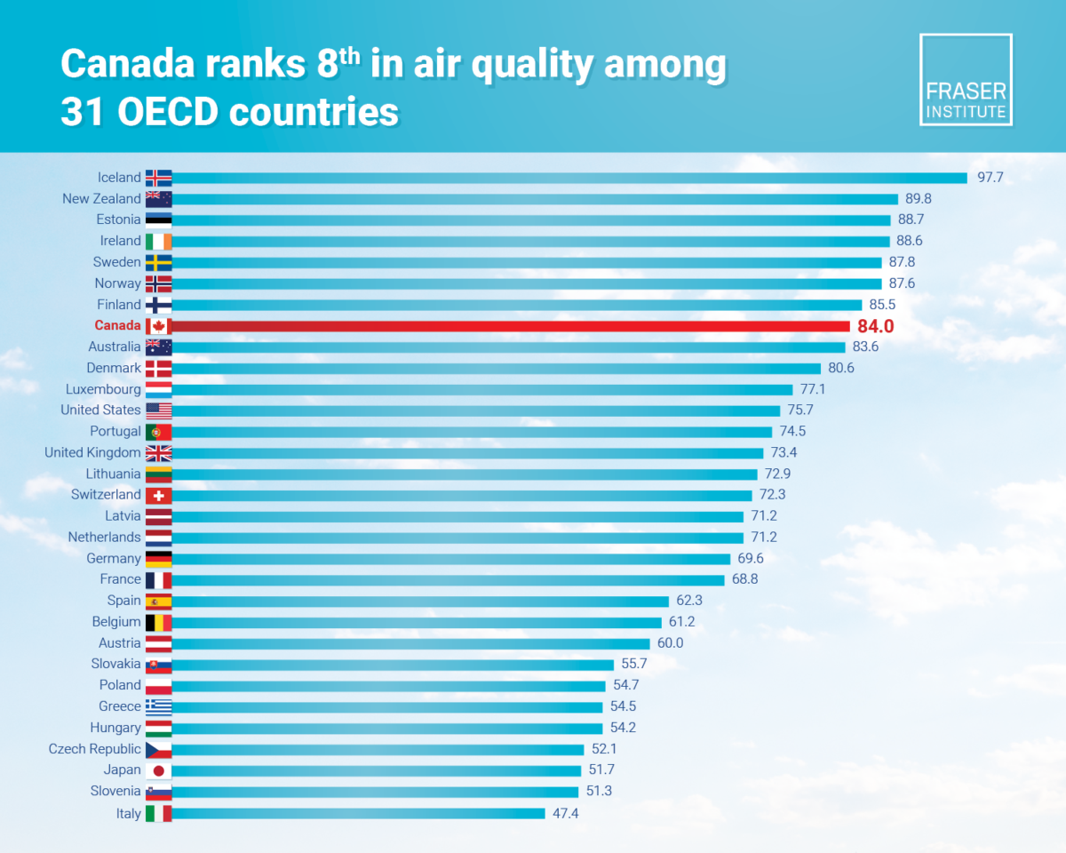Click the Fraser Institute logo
(x=966, y=80)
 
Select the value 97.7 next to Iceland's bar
(x=990, y=178)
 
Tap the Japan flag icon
(x=158, y=770)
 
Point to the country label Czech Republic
(x=94, y=749)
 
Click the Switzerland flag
(x=158, y=495)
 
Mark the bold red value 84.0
(x=875, y=326)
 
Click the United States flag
(x=158, y=411)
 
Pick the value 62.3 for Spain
(x=691, y=601)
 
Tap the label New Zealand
(x=101, y=199)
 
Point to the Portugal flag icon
(x=158, y=432)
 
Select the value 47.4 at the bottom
(x=567, y=813)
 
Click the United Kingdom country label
(x=92, y=453)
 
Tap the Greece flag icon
(x=158, y=706)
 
